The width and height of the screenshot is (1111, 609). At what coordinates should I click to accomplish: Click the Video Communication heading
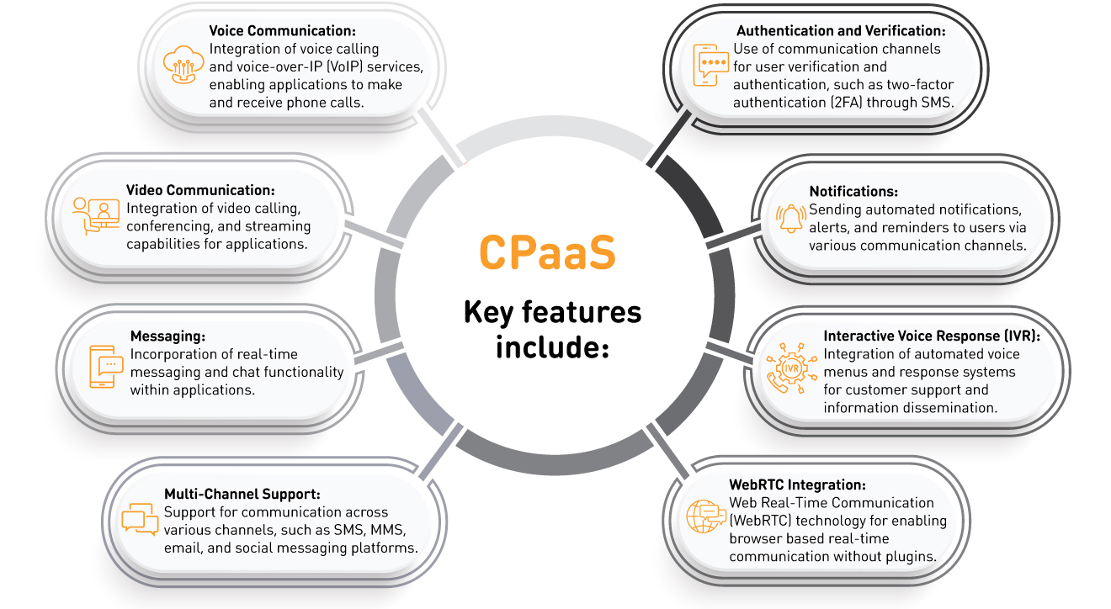pyautogui.click(x=200, y=190)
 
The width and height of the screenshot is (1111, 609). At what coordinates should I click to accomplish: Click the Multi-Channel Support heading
pyautogui.click(x=242, y=494)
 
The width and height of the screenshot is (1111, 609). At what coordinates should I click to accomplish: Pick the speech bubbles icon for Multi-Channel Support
pyautogui.click(x=140, y=519)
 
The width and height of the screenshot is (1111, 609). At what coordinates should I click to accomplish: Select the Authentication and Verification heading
pyautogui.click(x=841, y=31)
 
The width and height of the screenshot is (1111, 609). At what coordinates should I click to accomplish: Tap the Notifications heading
pyautogui.click(x=853, y=191)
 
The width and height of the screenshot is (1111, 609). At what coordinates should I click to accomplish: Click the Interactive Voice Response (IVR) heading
pyautogui.click(x=932, y=336)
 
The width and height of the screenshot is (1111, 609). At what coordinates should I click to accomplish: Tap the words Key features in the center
pyautogui.click(x=552, y=312)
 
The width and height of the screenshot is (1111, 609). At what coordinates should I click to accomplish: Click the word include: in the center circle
pyautogui.click(x=552, y=346)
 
